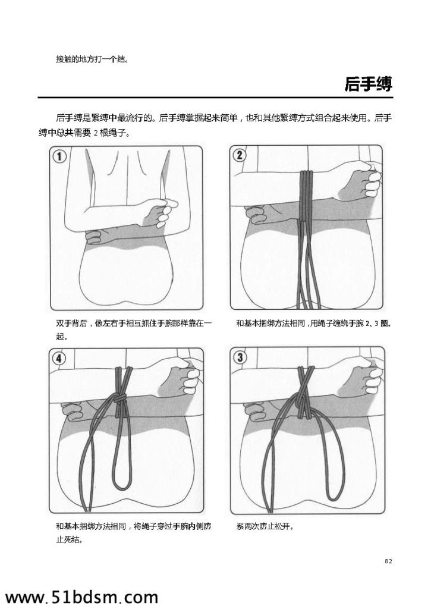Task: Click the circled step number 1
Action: coord(60,157)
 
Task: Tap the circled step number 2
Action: coord(239,155)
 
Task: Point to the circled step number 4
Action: coord(59,359)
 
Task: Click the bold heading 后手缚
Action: coord(368,84)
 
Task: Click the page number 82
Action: coord(388,561)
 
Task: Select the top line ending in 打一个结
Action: coord(92,59)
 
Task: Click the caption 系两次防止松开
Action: coord(265,527)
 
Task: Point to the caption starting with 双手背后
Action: coord(133,329)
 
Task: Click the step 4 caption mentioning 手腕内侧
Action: coord(133,533)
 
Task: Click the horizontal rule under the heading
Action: coord(215,98)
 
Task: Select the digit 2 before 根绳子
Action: coord(96,133)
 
